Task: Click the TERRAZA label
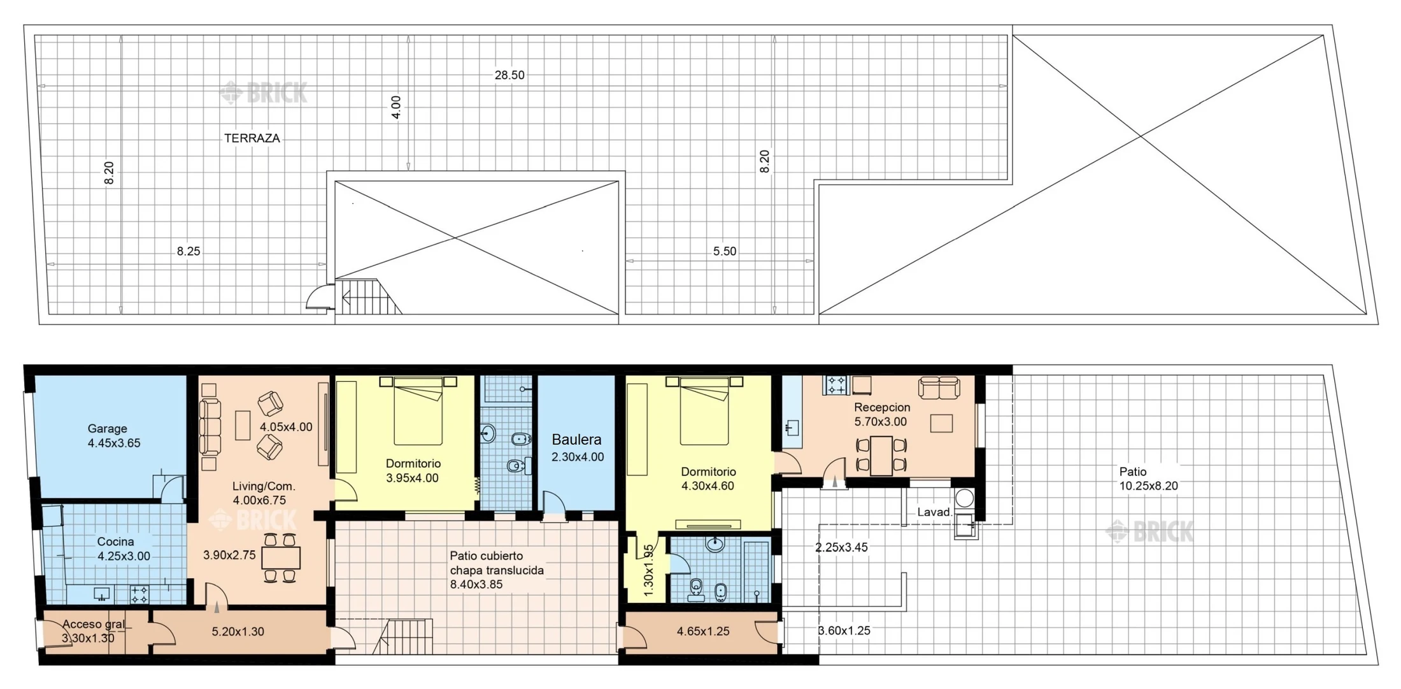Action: coord(252,138)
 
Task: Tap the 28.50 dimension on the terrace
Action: coord(509,75)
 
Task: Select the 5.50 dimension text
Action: coord(725,251)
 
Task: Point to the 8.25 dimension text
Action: coord(188,251)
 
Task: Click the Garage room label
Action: coord(108,429)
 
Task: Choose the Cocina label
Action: coord(115,542)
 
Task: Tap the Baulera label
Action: coord(576,440)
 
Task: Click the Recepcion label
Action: coord(882,407)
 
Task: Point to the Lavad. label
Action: coord(934,512)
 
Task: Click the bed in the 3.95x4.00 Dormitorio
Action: coord(418,410)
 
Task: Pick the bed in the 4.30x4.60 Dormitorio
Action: coord(704,410)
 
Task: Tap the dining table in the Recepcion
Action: coord(881,455)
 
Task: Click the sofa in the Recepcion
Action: coord(939,388)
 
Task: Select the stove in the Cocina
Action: coord(139,595)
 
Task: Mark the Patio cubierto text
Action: coord(487,556)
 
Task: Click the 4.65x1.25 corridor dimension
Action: coord(703,632)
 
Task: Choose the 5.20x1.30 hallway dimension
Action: coord(238,632)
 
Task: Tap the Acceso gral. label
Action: coord(94,625)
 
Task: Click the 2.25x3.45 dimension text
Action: coord(841,548)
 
